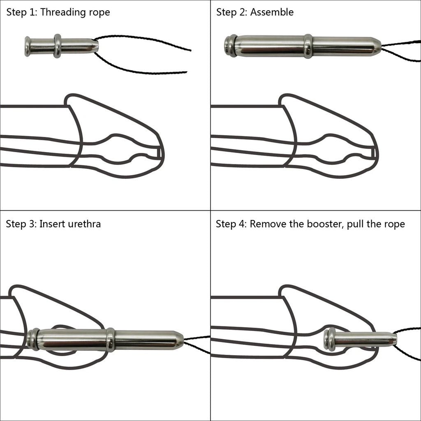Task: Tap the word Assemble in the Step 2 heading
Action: (x=272, y=12)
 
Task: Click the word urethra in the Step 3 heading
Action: (x=85, y=224)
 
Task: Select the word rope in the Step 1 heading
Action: (x=99, y=12)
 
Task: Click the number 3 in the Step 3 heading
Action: (x=32, y=224)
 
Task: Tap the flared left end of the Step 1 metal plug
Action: (x=28, y=46)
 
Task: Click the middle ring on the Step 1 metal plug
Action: (x=58, y=46)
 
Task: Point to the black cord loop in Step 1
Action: (x=144, y=58)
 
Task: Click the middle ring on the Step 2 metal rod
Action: (x=308, y=46)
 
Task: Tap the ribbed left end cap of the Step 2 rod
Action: (x=230, y=46)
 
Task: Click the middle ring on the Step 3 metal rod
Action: (x=110, y=340)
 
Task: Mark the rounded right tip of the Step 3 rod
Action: (x=180, y=339)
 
